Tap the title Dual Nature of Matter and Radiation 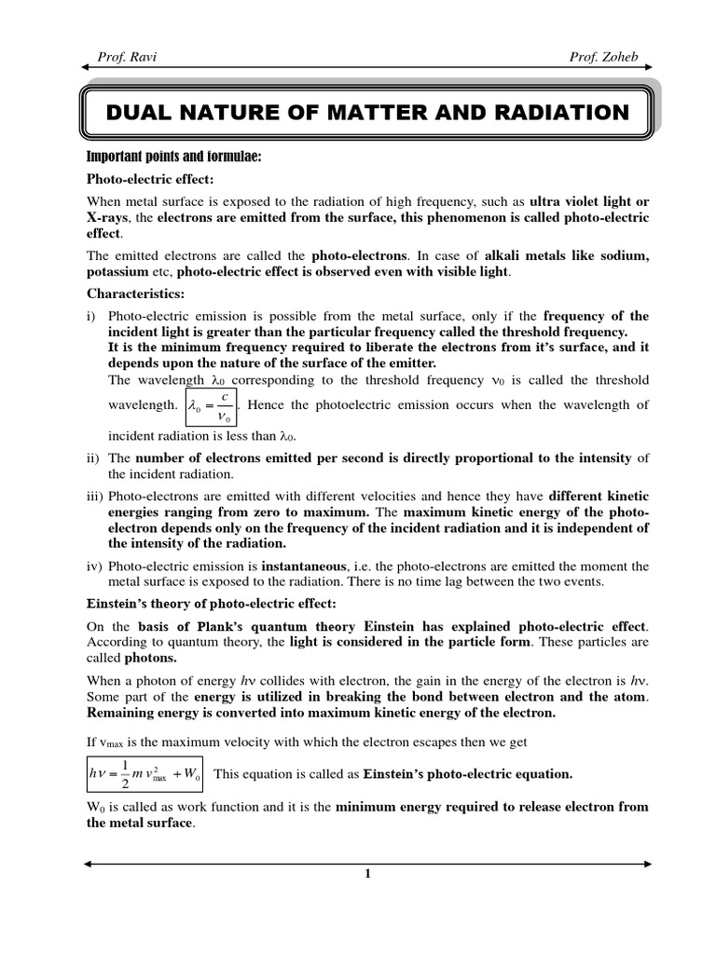368,113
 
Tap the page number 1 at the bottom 367,873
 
